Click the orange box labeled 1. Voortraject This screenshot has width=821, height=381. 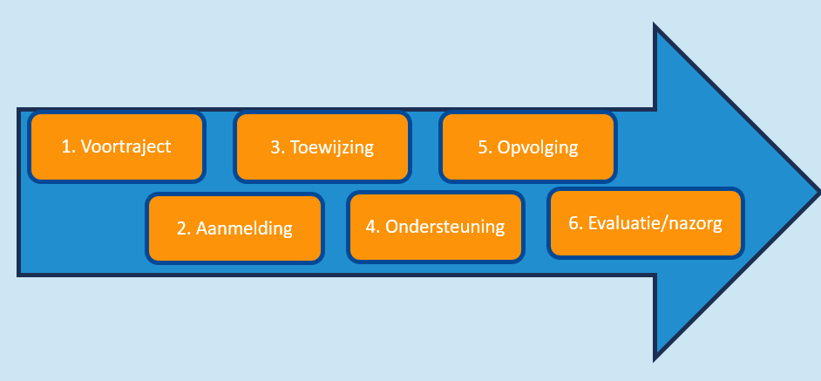tap(117, 147)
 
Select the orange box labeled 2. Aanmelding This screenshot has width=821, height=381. tap(234, 228)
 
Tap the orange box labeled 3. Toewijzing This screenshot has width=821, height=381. tap(322, 147)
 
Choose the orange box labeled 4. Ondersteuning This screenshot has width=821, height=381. tap(436, 227)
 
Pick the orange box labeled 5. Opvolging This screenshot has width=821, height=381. tap(528, 147)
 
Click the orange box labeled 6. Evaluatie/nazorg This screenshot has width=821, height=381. tap(646, 223)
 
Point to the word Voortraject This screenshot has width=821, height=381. tap(126, 146)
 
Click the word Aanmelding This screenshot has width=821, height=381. tap(244, 228)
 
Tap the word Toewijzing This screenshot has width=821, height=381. tap(332, 147)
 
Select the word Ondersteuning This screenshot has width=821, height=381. tap(445, 227)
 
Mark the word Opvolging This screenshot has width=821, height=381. tap(538, 148)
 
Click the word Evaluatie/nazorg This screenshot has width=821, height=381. tap(655, 223)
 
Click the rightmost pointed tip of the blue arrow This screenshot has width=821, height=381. tap(819, 192)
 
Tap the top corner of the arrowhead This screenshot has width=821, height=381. tap(655, 24)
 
